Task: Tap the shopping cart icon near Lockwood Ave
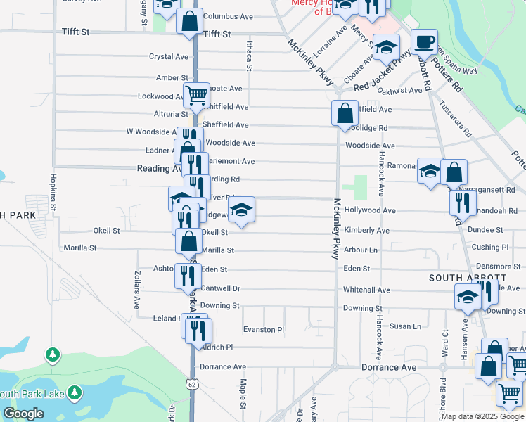(196, 94)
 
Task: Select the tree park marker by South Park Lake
(52, 354)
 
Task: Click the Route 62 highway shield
(192, 384)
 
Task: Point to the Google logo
(23, 414)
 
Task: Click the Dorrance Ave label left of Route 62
(223, 367)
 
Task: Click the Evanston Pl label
(263, 329)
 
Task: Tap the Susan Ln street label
(405, 326)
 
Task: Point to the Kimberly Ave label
(367, 231)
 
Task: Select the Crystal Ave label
(169, 57)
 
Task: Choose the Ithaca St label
(249, 56)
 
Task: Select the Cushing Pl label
(490, 248)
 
